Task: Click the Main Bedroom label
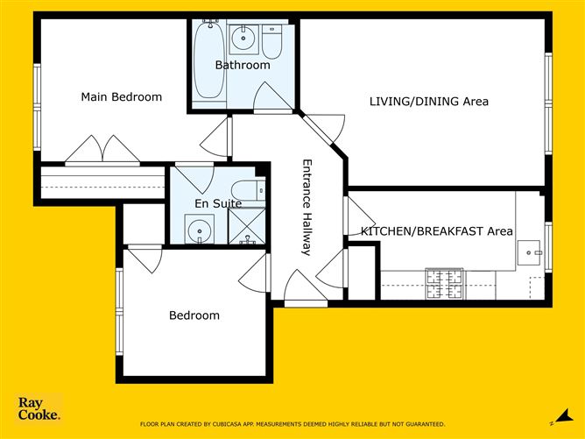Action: tap(121, 97)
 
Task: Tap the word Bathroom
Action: tap(243, 65)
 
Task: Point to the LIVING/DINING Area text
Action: tap(428, 102)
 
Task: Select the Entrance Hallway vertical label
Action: tap(307, 207)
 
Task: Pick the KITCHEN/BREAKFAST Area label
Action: tap(436, 231)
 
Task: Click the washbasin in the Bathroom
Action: tap(243, 39)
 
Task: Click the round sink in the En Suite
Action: tap(201, 232)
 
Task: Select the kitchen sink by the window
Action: tap(529, 254)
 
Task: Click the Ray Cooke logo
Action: tap(39, 410)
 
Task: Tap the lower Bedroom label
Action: tap(194, 315)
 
